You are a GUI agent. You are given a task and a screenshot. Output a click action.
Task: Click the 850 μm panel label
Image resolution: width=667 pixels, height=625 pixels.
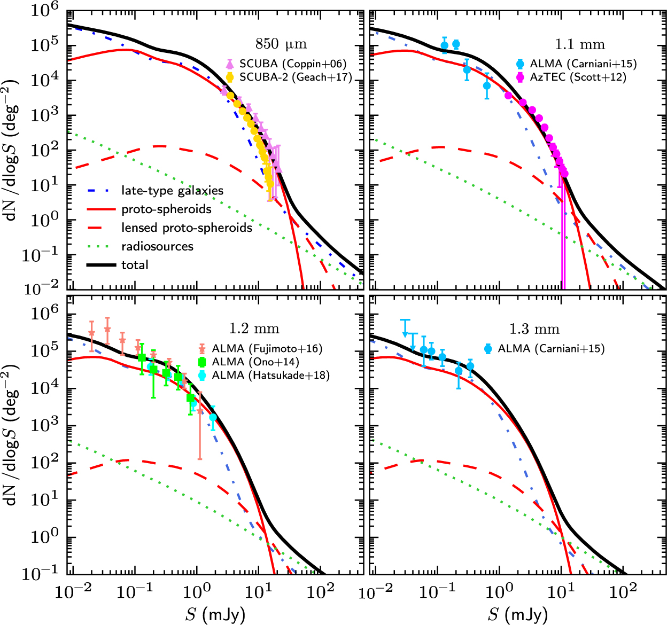click(281, 44)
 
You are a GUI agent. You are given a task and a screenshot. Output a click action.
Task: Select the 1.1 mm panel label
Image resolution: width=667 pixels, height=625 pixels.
click(579, 44)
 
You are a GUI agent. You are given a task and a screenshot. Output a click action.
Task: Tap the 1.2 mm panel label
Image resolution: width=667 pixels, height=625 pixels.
click(254, 328)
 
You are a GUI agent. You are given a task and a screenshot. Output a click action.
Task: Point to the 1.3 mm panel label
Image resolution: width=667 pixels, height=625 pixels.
click(534, 329)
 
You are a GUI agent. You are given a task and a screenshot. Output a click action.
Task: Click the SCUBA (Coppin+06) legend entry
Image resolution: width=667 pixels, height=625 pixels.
click(292, 64)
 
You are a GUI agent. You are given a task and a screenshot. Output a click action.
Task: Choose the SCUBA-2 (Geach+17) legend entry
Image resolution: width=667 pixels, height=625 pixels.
click(295, 77)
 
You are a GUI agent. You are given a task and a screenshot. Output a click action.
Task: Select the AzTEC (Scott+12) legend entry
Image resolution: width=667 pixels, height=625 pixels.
click(577, 77)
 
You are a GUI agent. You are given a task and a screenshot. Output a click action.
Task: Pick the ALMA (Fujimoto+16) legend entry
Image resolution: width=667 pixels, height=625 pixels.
click(267, 349)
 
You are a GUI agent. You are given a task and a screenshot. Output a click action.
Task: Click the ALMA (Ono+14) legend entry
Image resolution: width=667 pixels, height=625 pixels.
click(255, 362)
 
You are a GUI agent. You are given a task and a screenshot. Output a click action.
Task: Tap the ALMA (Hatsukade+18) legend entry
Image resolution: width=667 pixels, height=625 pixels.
click(270, 375)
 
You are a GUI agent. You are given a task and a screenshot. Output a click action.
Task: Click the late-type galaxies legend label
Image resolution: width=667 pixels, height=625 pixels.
click(172, 191)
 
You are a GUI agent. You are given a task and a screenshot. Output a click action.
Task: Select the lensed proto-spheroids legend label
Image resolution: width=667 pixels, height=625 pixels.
click(187, 228)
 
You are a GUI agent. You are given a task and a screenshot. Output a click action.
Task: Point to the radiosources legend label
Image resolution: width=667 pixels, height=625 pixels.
click(157, 246)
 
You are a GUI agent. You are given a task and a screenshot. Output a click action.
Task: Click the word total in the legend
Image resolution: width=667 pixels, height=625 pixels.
click(135, 264)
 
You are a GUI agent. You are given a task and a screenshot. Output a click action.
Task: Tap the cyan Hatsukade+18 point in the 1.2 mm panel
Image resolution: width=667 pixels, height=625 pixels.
click(213, 417)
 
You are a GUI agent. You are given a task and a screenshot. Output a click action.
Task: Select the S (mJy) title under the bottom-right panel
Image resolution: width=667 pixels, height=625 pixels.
click(517, 614)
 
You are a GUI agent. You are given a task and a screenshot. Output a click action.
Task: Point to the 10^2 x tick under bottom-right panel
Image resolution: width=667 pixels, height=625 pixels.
click(623, 591)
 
